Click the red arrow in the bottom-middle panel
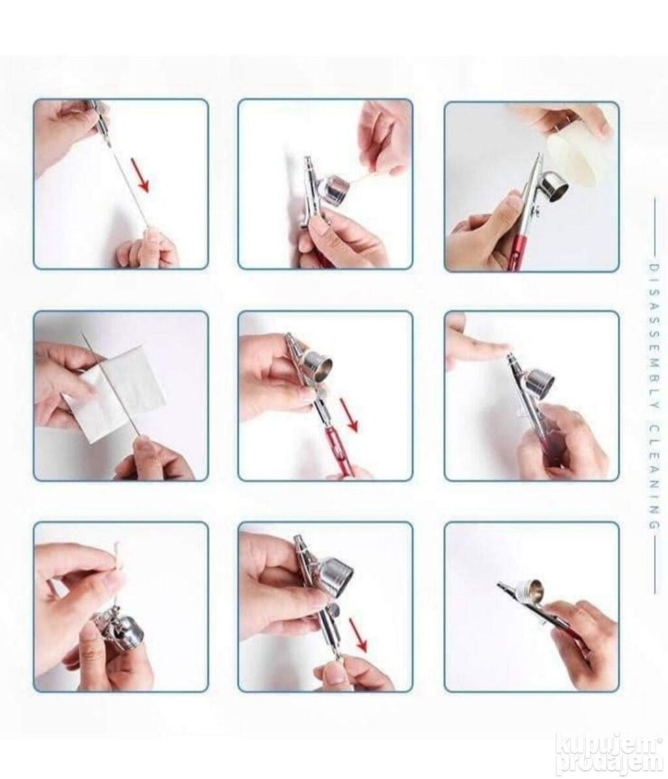358,634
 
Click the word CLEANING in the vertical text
654,476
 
